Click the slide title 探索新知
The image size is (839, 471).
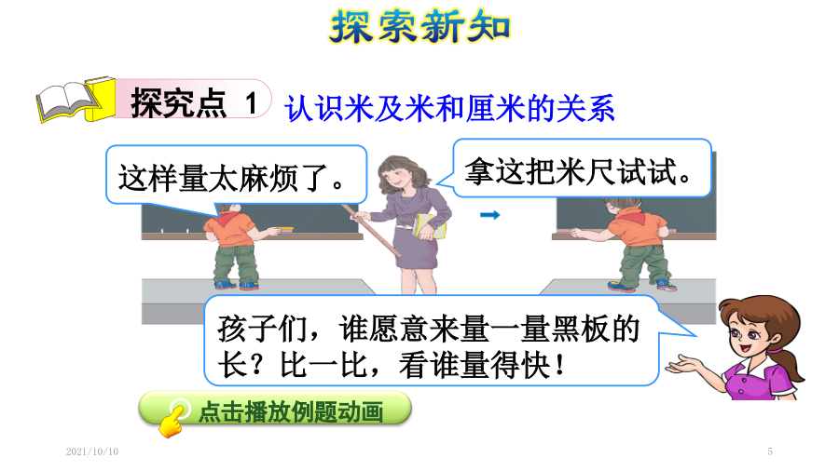[x=419, y=26]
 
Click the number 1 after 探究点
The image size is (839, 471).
[x=251, y=102]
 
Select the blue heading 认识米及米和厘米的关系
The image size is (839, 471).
[x=449, y=108]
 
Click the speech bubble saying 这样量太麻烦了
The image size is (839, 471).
[x=236, y=175]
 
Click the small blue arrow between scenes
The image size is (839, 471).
[x=489, y=215]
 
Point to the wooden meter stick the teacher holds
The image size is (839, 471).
[x=371, y=230]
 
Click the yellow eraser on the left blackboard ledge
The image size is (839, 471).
[x=287, y=230]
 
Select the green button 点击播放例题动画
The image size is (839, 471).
[x=275, y=409]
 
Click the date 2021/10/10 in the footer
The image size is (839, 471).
[x=92, y=451]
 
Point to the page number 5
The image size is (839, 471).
[x=770, y=451]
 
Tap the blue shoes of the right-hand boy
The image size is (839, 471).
[x=642, y=285]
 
